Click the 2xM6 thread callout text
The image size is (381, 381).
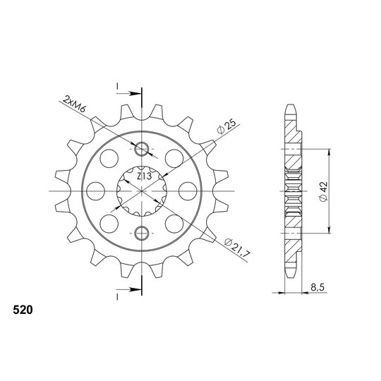tap(74, 104)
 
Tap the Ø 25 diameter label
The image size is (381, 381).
tap(226, 127)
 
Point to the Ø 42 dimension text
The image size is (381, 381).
tap(324, 191)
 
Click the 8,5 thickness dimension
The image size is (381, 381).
tap(317, 288)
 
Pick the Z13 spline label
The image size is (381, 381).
tap(145, 176)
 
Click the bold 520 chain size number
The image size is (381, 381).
tap(23, 310)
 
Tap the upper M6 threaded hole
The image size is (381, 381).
tap(141, 149)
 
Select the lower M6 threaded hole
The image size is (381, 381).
tap(141, 233)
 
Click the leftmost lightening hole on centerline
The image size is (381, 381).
tap(95, 191)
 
